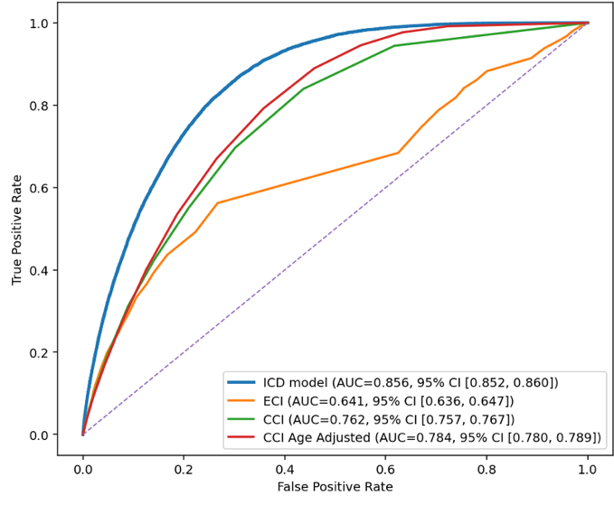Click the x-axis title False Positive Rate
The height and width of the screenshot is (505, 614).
[x=335, y=487]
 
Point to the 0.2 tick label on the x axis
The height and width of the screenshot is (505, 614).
[x=184, y=467]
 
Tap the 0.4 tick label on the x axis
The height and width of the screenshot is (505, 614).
[x=285, y=467]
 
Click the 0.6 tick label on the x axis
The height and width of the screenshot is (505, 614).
[x=386, y=467]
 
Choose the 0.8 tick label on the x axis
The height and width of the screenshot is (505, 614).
[x=486, y=467]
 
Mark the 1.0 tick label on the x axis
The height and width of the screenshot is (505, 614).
[x=588, y=467]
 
